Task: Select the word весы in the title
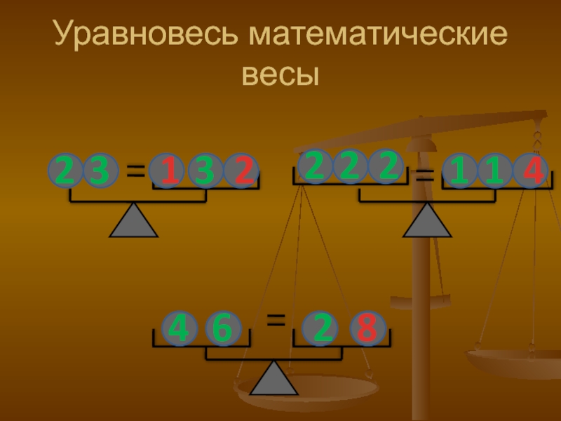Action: (x=280, y=73)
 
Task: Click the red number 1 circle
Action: (x=168, y=172)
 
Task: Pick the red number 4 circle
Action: (x=531, y=172)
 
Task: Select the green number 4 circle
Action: (x=180, y=328)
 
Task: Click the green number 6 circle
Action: (x=224, y=328)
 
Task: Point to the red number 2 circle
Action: (x=242, y=172)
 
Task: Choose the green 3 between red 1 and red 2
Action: (x=205, y=172)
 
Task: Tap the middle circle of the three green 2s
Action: (x=350, y=167)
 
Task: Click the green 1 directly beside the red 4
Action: (x=495, y=172)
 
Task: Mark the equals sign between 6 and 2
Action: (x=276, y=321)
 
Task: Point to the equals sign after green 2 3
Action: (x=135, y=171)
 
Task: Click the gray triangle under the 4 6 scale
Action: (x=274, y=379)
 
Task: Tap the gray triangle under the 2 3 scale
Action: (x=133, y=221)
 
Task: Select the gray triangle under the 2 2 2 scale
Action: (x=427, y=221)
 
